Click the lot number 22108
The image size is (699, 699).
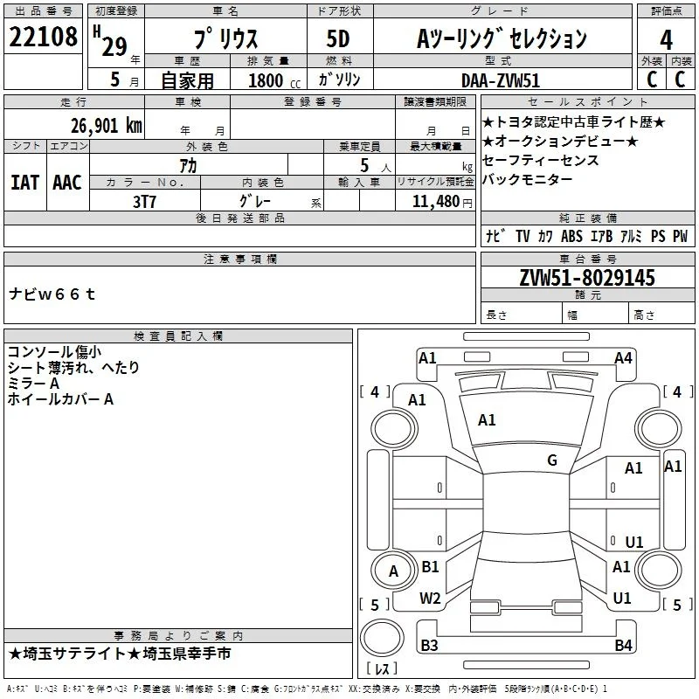pyautogui.click(x=43, y=37)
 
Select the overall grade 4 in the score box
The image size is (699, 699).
pyautogui.click(x=666, y=40)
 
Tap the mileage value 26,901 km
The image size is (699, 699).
pyautogui.click(x=106, y=126)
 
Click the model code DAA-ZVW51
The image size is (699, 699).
pyautogui.click(x=500, y=80)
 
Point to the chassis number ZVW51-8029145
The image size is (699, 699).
pyautogui.click(x=587, y=277)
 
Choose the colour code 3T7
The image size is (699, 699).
pyautogui.click(x=144, y=202)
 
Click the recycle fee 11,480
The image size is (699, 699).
pyautogui.click(x=435, y=201)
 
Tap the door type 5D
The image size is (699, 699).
pyautogui.click(x=338, y=38)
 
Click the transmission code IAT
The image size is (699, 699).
pyautogui.click(x=24, y=183)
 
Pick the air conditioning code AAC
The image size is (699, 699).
pyautogui.click(x=67, y=183)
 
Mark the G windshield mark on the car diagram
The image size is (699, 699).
pyautogui.click(x=552, y=460)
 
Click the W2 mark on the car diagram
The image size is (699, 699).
pyautogui.click(x=430, y=599)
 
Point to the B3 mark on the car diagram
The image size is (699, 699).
pyautogui.click(x=429, y=645)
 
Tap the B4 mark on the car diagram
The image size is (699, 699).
pyautogui.click(x=623, y=645)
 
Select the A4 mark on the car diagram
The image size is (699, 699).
pyautogui.click(x=623, y=358)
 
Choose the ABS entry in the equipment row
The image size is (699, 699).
pyautogui.click(x=571, y=236)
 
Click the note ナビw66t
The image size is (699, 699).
pyautogui.click(x=52, y=294)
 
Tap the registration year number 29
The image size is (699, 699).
pyautogui.click(x=114, y=47)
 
